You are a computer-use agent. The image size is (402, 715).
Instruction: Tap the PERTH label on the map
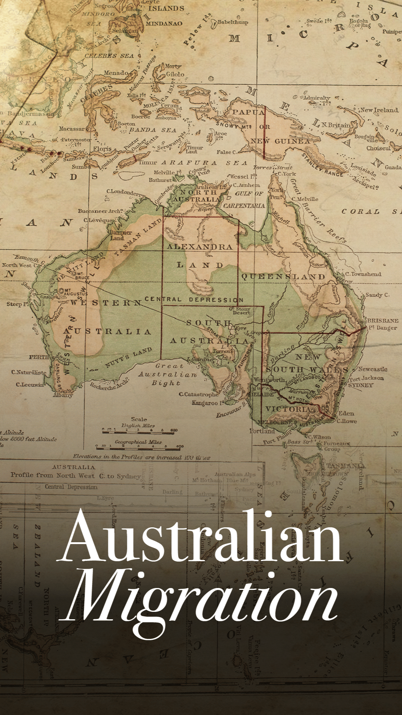click(39, 357)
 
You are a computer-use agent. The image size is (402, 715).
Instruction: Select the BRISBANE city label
click(382, 321)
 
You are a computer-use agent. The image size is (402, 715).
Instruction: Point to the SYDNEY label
click(360, 385)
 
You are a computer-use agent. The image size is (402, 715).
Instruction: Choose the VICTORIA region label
click(288, 409)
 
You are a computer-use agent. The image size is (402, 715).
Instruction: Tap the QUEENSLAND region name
click(283, 277)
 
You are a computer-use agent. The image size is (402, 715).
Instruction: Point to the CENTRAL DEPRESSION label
click(194, 299)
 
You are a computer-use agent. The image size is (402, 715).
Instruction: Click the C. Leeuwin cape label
click(30, 384)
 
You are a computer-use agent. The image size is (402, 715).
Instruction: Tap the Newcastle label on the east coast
click(372, 369)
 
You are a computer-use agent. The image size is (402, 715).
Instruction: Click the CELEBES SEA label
click(109, 56)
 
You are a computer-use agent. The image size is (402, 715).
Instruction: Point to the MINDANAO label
click(164, 23)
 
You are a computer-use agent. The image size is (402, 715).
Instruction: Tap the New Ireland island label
click(379, 110)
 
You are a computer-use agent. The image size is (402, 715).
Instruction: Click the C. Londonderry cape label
click(126, 193)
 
